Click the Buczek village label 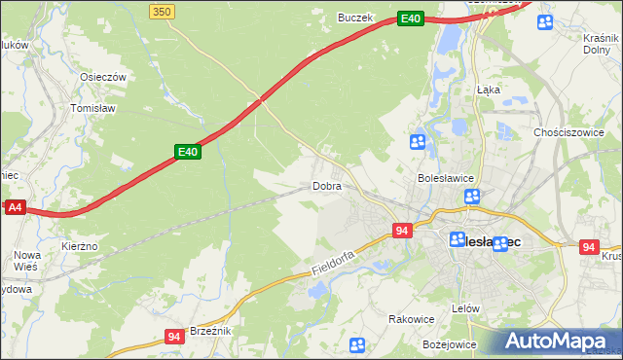tap(355, 17)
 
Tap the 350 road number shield tap(163, 11)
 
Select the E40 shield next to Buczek tap(411, 18)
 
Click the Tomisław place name tap(93, 108)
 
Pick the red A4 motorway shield tap(14, 207)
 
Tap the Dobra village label tap(326, 186)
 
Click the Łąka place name tap(489, 89)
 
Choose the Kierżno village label tap(80, 247)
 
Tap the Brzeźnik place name tap(210, 331)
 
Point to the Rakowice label tap(411, 318)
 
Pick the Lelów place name tap(467, 308)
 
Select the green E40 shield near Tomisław tap(188, 152)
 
